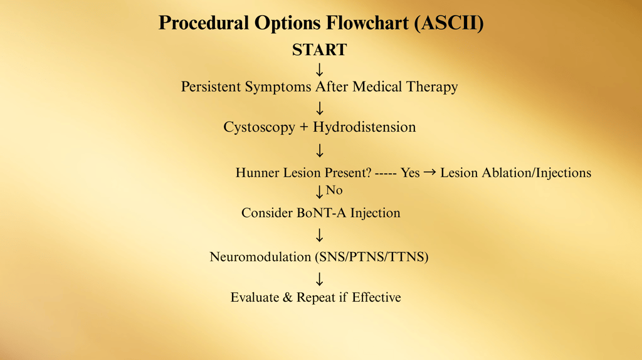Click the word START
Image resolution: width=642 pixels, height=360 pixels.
(x=319, y=50)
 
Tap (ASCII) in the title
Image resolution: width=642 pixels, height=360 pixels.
(x=449, y=23)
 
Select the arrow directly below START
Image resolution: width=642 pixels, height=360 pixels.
(x=319, y=70)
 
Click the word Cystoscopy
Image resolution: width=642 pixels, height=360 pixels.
(x=259, y=127)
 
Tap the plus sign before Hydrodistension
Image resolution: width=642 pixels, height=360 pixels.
(x=304, y=127)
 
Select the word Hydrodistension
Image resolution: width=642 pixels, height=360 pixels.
(x=364, y=127)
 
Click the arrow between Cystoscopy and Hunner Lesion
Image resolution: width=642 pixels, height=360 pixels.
(x=319, y=151)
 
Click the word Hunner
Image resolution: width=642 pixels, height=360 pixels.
(x=256, y=173)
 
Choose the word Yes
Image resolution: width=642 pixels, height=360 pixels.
(x=410, y=173)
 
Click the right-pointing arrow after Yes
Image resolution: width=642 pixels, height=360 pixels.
(x=429, y=172)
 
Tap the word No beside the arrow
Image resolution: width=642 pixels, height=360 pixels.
(x=334, y=190)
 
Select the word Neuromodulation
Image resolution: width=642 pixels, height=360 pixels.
(x=260, y=257)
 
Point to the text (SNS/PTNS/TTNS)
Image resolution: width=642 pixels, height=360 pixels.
(x=372, y=257)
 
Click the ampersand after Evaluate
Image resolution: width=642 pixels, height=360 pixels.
(x=288, y=297)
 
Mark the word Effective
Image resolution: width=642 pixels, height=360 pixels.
(x=376, y=297)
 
